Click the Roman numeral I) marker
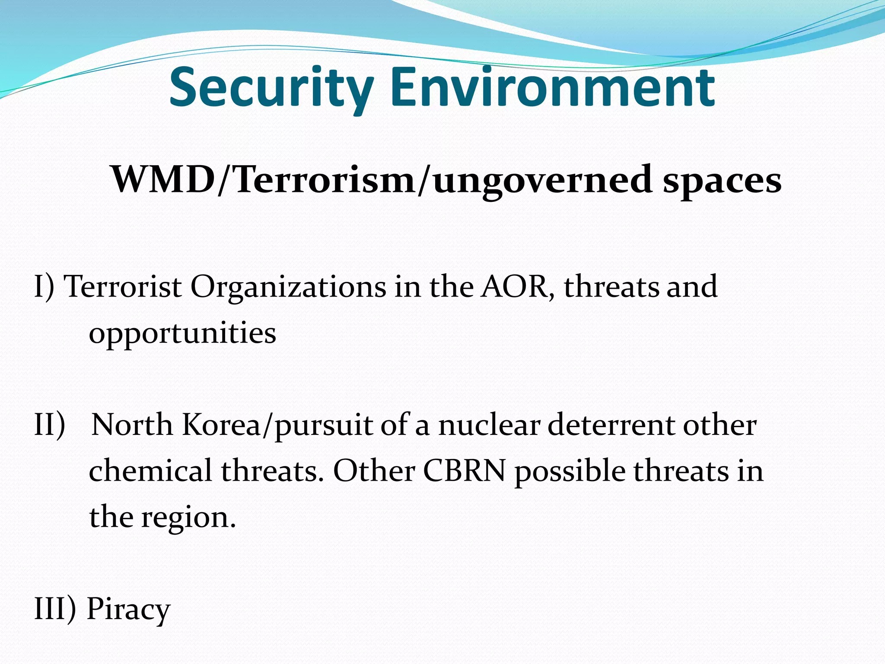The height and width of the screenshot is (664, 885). (45, 287)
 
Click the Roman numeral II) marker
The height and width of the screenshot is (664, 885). (50, 425)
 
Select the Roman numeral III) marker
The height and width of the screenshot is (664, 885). (55, 609)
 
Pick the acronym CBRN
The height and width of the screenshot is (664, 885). (464, 471)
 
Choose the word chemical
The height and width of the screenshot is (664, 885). (150, 471)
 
